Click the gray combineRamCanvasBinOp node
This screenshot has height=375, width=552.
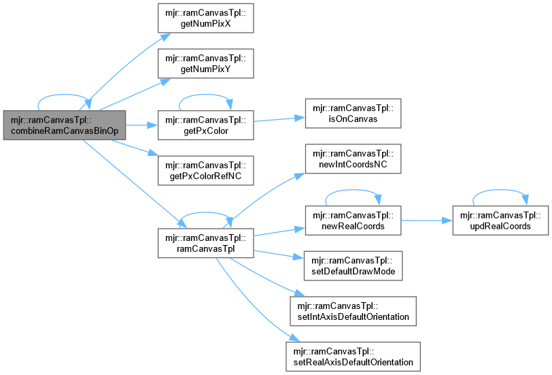[65, 125]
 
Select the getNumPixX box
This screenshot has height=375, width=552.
[205, 21]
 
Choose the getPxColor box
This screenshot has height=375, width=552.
[205, 125]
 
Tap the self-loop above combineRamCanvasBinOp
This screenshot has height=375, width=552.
[65, 96]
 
